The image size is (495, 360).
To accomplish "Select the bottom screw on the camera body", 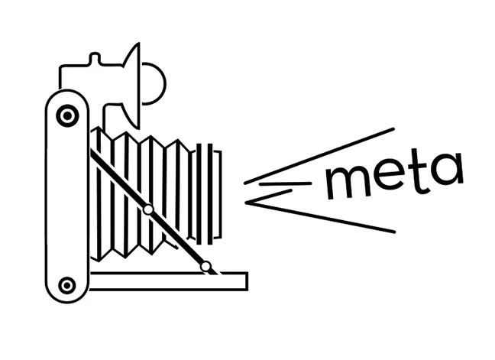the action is (67, 285).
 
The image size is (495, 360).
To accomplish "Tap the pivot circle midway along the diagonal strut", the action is (148, 209).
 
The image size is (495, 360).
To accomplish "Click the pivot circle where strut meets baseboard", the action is (205, 266).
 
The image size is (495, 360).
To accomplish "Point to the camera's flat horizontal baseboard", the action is (168, 281).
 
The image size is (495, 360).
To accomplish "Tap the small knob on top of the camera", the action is (95, 59).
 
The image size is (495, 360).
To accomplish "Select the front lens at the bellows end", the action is (218, 193).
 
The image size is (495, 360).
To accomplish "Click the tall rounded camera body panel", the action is (67, 199).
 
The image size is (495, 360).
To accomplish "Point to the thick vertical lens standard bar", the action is (199, 193).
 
